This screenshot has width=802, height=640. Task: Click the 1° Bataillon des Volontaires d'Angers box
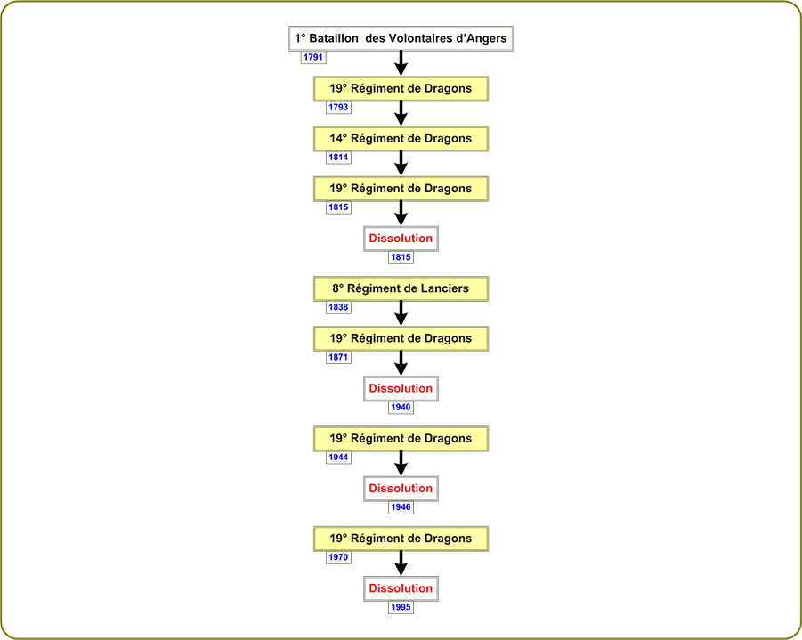point(401,38)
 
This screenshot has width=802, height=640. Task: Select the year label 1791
point(313,57)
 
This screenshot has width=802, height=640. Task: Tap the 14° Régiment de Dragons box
point(401,139)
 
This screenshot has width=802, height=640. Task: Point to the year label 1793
point(338,108)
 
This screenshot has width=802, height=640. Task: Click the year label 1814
point(338,158)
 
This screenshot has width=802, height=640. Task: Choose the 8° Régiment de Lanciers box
point(401,288)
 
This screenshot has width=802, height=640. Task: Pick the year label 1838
point(338,307)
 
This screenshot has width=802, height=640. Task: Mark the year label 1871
point(338,357)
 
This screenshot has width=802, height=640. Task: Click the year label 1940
point(401,407)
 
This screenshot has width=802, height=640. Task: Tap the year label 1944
point(338,458)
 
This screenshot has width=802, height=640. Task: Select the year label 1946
point(401,507)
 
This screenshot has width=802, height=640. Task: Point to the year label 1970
point(338,557)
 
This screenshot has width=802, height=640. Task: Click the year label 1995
point(401,607)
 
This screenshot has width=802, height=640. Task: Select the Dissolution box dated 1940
point(401,389)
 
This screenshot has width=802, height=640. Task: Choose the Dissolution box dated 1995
point(401,589)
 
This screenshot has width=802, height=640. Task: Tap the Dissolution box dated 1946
point(401,489)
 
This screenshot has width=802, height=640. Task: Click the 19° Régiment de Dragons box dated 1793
point(401,89)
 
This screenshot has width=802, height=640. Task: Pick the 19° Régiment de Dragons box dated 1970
point(401,539)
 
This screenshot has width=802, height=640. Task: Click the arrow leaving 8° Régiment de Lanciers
point(401,313)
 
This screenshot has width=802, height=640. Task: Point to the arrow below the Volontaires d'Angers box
point(401,63)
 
